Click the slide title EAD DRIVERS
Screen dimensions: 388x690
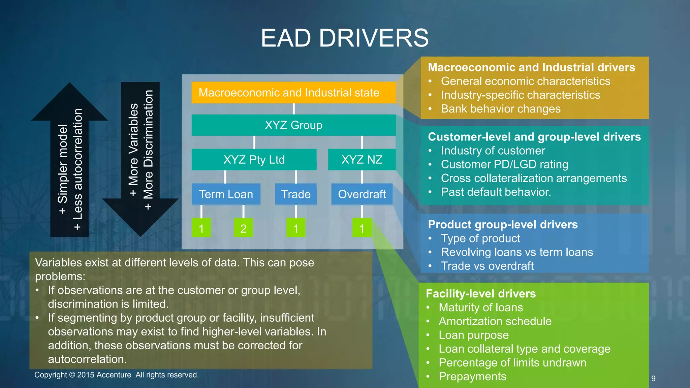[x=345, y=38]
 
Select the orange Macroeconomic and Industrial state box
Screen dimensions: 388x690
[x=293, y=93]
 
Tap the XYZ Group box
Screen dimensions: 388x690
[x=293, y=125]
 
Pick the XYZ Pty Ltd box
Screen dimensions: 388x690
[x=254, y=160]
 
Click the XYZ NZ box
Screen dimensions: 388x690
[x=362, y=160]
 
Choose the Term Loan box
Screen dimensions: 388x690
[x=226, y=194]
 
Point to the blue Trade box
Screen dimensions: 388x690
[x=296, y=194]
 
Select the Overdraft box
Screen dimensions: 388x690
[x=362, y=194]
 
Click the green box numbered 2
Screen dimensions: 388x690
[x=243, y=228]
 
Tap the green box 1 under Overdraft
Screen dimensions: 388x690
[x=362, y=228]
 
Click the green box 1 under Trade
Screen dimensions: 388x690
[x=296, y=228]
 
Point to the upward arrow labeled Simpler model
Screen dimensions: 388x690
[x=70, y=162]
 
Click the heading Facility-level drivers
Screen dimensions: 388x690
[x=481, y=294]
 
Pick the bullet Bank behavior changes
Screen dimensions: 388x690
[x=501, y=109]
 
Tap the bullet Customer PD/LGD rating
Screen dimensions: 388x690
[x=504, y=164]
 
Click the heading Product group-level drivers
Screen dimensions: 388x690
[x=503, y=225]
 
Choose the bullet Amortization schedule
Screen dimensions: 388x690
[x=495, y=321]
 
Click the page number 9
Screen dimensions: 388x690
[x=653, y=379]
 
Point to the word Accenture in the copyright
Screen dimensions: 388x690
[x=114, y=375]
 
